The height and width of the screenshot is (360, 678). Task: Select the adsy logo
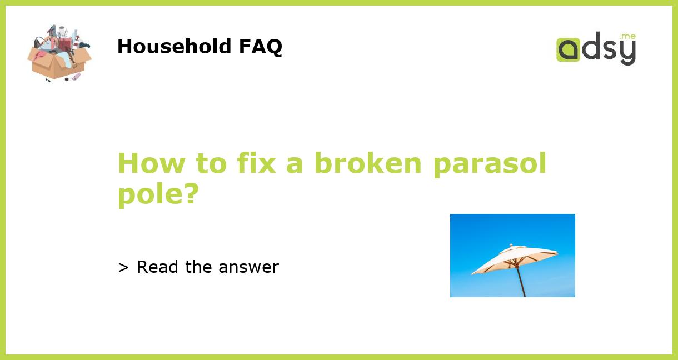coord(596,49)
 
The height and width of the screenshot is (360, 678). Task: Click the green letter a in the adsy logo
coord(568,50)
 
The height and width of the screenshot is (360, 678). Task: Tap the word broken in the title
coord(367,163)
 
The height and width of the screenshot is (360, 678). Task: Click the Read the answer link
coord(198,267)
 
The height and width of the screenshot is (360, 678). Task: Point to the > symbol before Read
coord(123,268)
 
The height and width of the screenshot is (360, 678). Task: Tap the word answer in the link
coord(248,268)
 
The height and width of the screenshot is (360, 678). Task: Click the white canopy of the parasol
coord(514,258)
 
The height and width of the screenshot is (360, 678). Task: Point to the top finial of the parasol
coord(510,245)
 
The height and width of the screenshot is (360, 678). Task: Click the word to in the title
coord(208,163)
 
